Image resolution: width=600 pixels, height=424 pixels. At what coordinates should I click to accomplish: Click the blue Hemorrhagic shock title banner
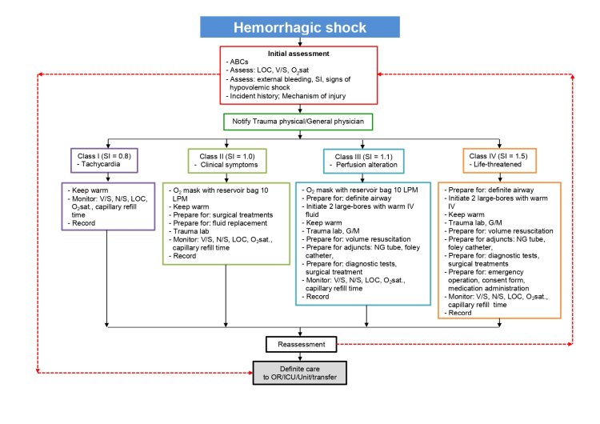tap(299, 27)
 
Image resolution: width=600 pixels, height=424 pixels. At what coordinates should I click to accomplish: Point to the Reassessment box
tap(299, 344)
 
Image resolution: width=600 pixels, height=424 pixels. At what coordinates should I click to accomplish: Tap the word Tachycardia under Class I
tap(100, 164)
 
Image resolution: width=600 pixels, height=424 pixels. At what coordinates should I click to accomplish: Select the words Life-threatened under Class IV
tap(498, 164)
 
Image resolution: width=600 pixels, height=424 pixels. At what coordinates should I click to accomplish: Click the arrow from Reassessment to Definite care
tap(299, 357)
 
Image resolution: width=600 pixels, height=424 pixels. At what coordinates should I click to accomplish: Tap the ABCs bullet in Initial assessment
tap(238, 62)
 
